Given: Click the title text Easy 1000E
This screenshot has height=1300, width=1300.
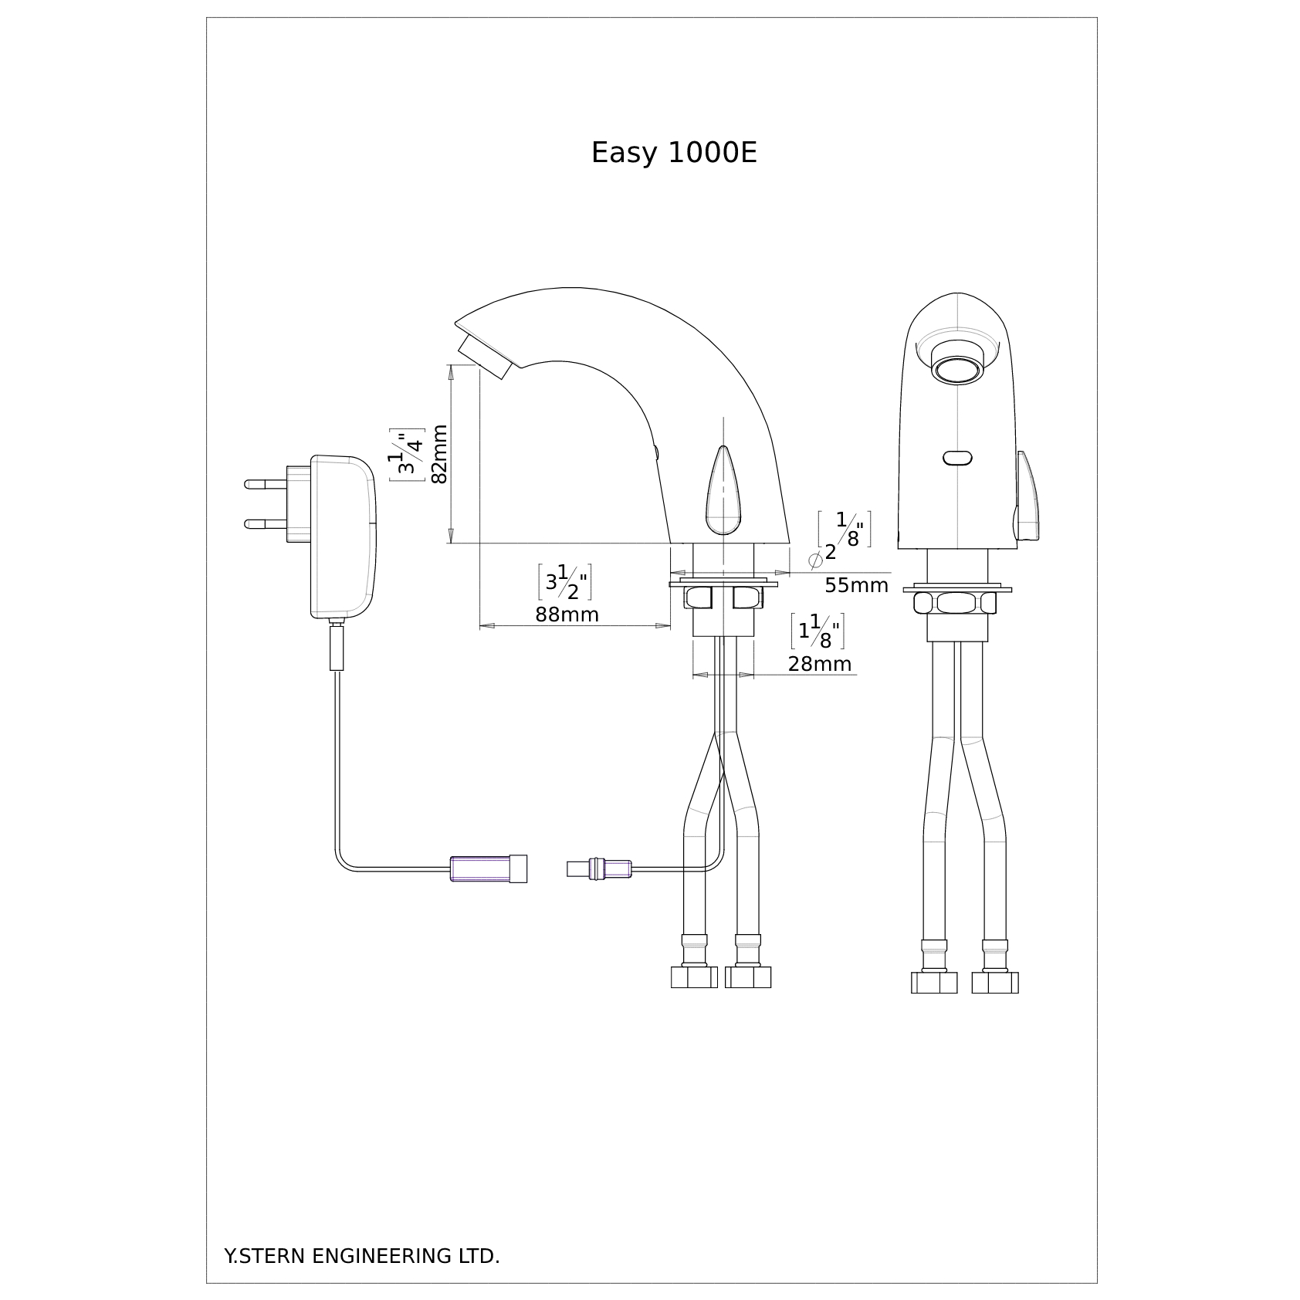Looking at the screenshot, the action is pos(674,154).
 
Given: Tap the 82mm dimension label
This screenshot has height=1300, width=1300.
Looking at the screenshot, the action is pos(439,454).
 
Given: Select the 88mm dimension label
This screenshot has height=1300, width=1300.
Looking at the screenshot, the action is pos(567,614).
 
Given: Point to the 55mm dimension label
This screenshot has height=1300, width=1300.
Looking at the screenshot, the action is pos(856,585).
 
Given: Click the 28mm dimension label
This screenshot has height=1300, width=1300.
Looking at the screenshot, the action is pos(820,664).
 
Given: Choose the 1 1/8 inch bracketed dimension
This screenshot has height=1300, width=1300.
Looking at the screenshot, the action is pos(818,631).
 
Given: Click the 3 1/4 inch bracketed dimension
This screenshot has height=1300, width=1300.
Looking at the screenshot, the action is pos(407,455).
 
